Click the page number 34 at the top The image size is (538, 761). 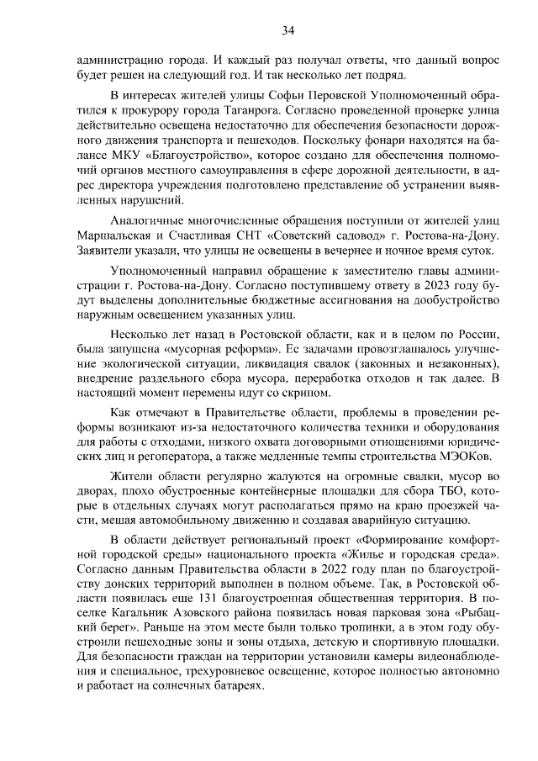tap(287, 31)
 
